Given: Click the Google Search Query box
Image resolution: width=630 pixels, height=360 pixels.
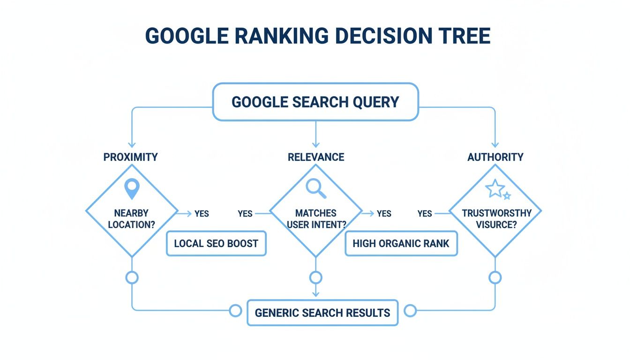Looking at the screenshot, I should coord(315,102).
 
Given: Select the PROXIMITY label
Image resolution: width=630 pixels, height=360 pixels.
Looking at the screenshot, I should coord(130,157).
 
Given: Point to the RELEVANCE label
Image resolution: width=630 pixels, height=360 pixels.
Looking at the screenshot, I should coord(316,157).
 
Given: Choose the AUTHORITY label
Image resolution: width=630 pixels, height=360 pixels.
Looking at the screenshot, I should coord(495,157).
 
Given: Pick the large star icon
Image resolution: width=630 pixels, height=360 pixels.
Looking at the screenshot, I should coord(495,189).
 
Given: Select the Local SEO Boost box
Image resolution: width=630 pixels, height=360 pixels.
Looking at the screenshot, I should coord(216,243).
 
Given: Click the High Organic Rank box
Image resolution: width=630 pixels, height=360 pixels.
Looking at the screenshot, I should coord(401,243).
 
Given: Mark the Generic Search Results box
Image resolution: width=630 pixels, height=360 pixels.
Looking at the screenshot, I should coord(322,313).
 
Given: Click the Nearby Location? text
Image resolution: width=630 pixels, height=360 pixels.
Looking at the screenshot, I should coord(132,219).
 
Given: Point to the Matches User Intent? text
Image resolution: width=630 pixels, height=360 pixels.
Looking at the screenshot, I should coord(316,219).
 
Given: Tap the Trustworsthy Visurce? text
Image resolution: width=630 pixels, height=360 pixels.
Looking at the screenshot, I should coord(496,219).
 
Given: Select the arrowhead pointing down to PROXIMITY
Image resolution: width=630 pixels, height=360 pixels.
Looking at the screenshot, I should coord(132,144).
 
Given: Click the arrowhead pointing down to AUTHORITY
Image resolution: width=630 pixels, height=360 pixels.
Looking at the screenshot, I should coord(495,144).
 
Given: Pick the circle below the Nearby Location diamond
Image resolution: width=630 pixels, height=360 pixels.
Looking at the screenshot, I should coord(132,277).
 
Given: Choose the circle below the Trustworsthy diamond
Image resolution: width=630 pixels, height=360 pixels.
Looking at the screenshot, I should coord(495,277).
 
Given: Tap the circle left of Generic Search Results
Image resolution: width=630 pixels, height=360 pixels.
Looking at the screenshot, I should coord(235,310).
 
